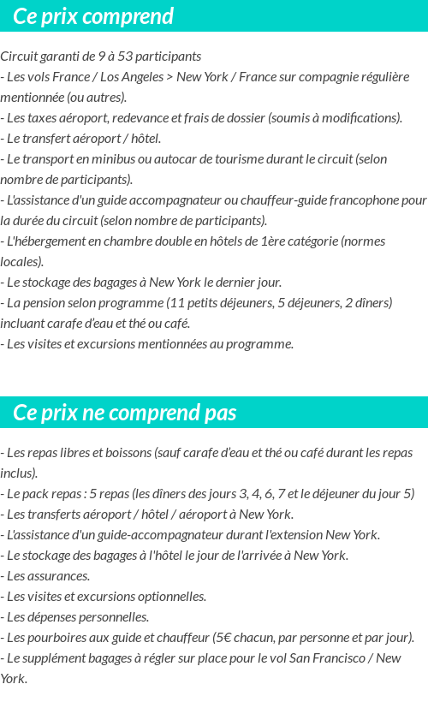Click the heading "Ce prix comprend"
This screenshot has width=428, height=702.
tap(93, 16)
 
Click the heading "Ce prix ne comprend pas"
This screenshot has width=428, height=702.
tap(124, 413)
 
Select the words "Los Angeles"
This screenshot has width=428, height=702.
tap(130, 77)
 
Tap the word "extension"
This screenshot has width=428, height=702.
tap(291, 535)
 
